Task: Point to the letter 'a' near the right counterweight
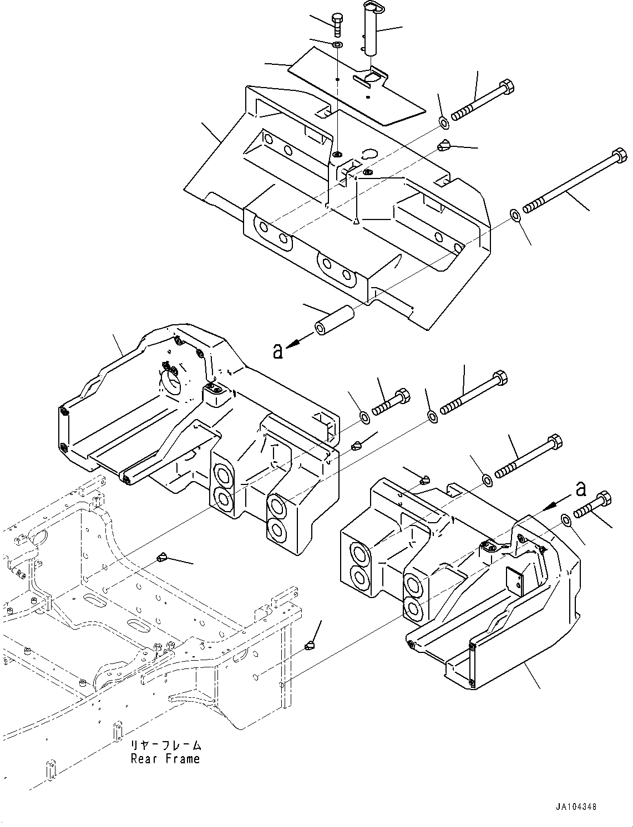582,489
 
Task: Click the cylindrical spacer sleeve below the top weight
334,320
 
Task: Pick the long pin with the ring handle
371,29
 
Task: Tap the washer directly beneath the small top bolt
337,45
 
